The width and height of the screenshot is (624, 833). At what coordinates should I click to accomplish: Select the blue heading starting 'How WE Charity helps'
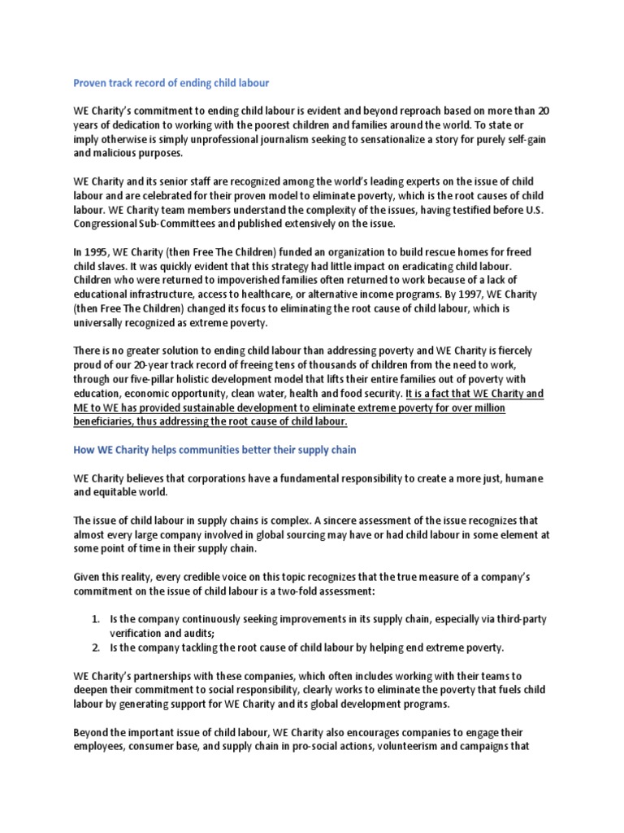click(214, 449)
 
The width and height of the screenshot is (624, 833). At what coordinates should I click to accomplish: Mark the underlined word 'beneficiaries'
click(107, 421)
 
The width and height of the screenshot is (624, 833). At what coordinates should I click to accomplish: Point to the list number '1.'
click(96, 619)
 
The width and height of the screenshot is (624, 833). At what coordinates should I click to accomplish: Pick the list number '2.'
click(96, 648)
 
